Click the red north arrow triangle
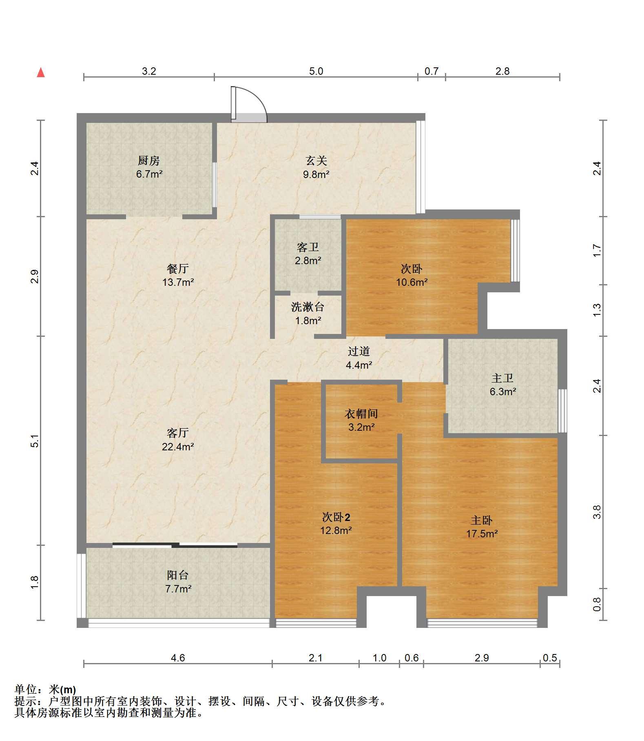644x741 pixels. pos(41,73)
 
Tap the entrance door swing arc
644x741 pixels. pos(257,96)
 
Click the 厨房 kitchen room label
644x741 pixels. pos(149,161)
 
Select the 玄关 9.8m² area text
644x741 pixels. pos(316,175)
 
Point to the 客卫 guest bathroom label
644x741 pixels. pos(308,247)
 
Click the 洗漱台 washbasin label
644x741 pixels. pos(308,307)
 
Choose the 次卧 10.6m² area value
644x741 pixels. pos(412,282)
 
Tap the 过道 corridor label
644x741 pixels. pos(359,351)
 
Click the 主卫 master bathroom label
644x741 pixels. pos(502,378)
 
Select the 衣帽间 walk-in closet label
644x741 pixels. pos(361,414)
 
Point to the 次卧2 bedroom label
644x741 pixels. pos(336,517)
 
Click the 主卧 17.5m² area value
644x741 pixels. pos(482,534)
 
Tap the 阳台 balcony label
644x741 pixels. pos(178,575)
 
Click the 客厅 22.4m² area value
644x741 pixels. pos(178,447)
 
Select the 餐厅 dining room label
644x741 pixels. pos(178,269)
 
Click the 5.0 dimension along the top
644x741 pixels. pos(316,71)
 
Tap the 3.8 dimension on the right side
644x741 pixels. pos(597,512)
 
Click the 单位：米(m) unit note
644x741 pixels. pos(45,690)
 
